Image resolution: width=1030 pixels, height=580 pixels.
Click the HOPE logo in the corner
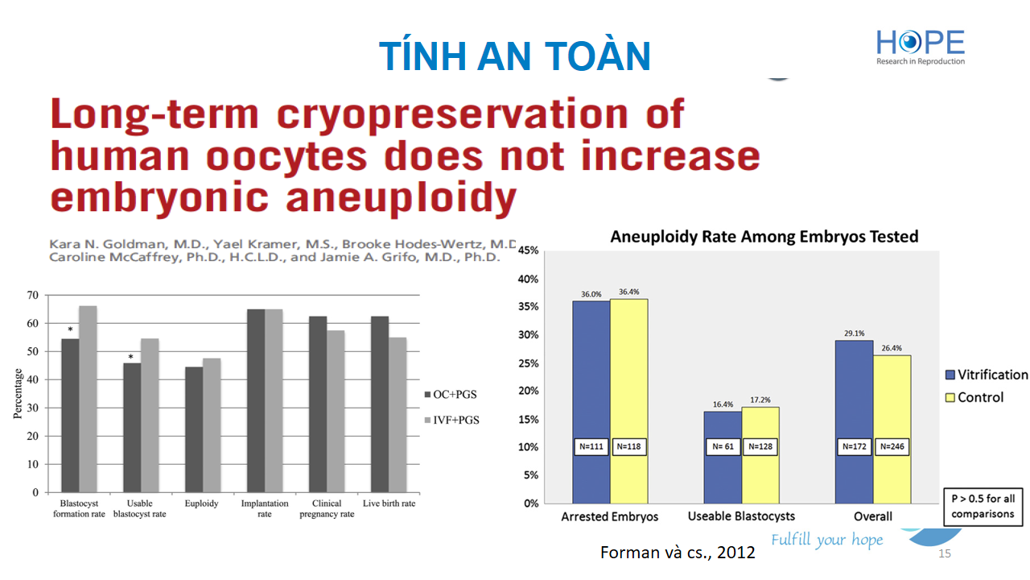(920, 48)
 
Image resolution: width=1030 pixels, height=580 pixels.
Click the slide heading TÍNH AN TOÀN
(514, 56)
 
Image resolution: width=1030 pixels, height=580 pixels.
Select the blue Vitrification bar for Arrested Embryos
(591, 402)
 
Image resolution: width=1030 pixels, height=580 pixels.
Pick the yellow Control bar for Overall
(892, 429)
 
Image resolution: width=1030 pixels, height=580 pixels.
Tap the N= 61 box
(723, 446)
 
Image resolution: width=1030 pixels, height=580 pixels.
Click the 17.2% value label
(760, 400)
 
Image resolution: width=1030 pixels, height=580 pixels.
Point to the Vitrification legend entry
(987, 375)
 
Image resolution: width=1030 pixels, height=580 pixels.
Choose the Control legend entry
(974, 397)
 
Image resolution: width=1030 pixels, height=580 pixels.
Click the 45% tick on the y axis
(528, 251)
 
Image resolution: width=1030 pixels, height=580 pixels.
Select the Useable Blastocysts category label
(741, 516)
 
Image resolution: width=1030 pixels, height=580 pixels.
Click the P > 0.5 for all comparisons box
(983, 507)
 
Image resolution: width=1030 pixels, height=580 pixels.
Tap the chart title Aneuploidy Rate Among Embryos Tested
(764, 237)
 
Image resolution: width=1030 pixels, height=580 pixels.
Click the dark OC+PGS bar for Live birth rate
(380, 404)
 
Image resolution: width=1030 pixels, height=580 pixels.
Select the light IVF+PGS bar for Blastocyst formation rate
(88, 399)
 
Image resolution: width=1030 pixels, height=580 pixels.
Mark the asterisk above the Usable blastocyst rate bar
(131, 357)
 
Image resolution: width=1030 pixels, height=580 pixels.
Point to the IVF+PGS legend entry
(451, 420)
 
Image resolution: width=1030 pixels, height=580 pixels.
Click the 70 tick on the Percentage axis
(33, 295)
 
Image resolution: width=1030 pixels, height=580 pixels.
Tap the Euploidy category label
(201, 503)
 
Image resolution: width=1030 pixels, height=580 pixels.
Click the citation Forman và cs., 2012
(678, 553)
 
